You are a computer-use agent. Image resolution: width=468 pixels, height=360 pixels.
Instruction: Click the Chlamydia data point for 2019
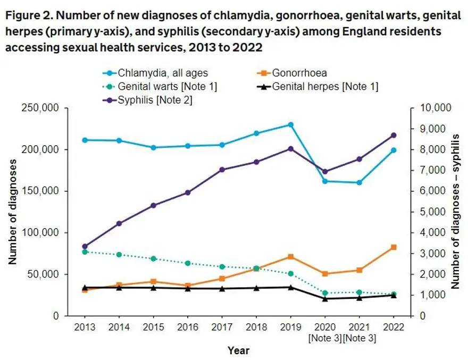coord(290,124)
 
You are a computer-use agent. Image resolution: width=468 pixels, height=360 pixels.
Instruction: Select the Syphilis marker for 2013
coord(85,246)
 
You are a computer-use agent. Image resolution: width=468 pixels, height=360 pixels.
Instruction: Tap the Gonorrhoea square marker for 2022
coord(394,247)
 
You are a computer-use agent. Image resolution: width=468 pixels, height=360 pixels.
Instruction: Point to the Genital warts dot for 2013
coord(85,252)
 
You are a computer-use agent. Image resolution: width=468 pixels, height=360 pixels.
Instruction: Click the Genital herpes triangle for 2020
coord(325,298)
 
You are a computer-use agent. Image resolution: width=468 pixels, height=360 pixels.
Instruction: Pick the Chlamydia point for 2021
coord(360,182)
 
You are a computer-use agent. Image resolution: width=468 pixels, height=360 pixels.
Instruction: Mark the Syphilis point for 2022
coord(394,135)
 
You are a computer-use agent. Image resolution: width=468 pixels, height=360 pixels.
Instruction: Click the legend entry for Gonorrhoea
coord(299,72)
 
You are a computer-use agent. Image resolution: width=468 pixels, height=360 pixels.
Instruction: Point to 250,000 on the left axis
coord(43,108)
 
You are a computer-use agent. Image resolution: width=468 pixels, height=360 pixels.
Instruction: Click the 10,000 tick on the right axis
coord(436,108)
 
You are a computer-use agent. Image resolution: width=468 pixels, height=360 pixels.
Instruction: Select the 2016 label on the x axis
coord(188,328)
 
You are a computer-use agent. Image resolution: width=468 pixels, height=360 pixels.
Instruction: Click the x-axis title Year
coord(239,350)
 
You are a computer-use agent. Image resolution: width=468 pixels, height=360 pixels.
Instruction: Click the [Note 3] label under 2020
coord(325,339)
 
